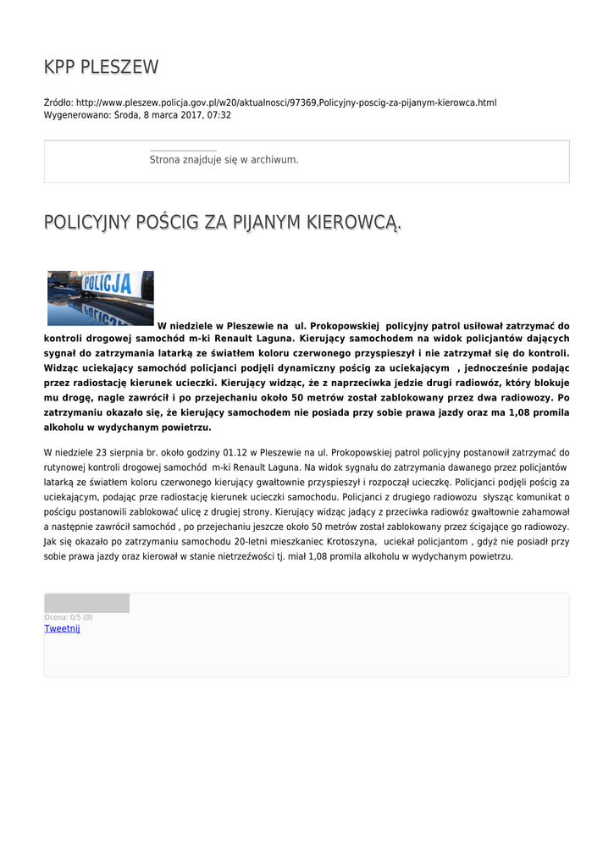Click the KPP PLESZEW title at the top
click(x=101, y=67)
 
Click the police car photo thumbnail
click(x=101, y=298)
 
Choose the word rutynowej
click(x=68, y=467)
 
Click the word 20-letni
click(x=253, y=541)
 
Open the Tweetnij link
click(x=62, y=628)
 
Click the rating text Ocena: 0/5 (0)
click(x=69, y=617)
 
